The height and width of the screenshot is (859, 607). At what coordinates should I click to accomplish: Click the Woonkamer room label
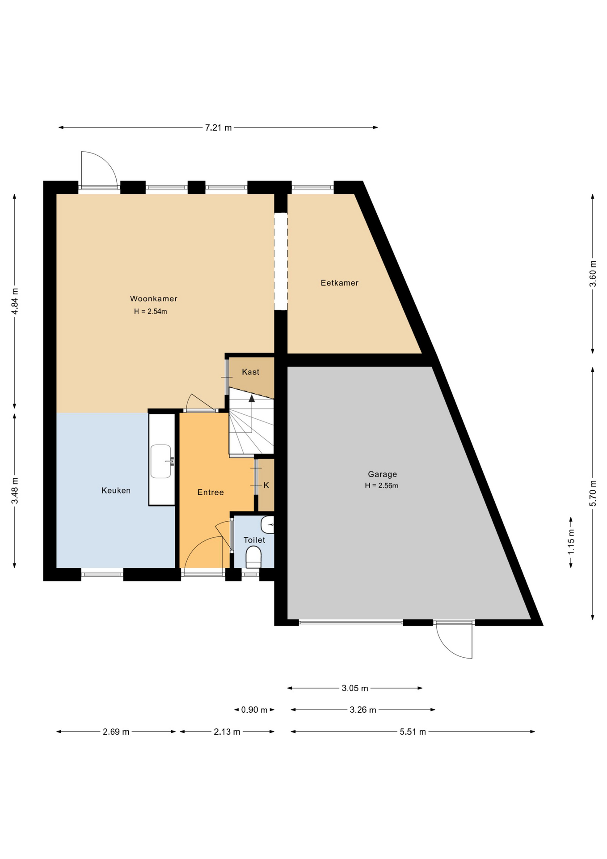tap(154, 298)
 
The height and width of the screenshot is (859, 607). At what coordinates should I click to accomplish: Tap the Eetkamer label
tap(340, 283)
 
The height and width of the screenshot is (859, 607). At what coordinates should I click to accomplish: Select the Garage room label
tap(382, 474)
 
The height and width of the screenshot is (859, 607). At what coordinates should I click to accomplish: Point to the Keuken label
tap(116, 490)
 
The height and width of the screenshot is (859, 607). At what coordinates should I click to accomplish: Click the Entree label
tap(211, 492)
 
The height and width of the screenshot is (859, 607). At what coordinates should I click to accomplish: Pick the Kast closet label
tap(250, 372)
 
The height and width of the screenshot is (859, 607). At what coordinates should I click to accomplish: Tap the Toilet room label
tap(254, 540)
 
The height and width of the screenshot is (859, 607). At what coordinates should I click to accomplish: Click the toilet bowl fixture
tap(253, 557)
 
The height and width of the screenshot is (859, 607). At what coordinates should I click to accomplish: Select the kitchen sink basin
tap(160, 461)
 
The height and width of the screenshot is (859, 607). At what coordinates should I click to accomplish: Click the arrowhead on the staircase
tap(252, 398)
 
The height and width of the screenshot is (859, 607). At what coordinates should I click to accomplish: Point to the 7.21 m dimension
tap(219, 128)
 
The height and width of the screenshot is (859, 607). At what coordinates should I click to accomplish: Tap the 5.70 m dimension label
tap(593, 493)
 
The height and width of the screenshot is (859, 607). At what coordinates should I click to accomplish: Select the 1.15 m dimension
tap(571, 542)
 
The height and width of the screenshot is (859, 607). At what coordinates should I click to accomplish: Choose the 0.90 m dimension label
tap(254, 710)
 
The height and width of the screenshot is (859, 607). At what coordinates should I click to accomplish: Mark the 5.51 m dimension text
tap(413, 732)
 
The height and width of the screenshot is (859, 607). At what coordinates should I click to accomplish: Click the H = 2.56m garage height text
tap(382, 485)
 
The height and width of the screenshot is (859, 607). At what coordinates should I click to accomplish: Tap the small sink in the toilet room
tap(268, 524)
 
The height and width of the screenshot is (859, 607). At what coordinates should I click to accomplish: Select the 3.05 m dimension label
tap(355, 688)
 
